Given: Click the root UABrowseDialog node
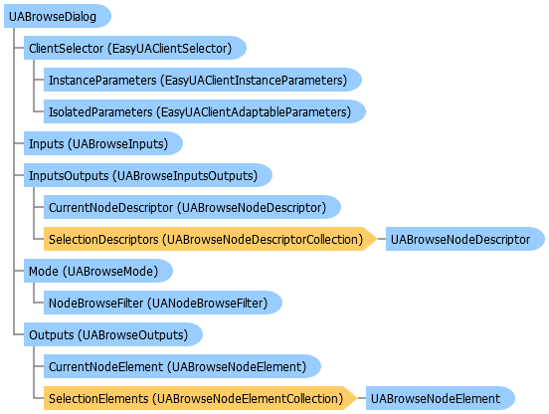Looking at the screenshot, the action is [58, 16].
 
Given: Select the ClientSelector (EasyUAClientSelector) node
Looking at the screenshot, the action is [135, 48].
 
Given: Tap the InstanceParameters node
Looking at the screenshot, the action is [203, 80].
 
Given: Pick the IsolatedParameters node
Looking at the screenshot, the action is [205, 111].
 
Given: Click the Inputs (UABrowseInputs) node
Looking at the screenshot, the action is [103, 143].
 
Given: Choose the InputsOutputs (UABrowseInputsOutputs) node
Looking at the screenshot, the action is [148, 175].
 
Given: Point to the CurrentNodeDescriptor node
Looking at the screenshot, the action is [192, 207].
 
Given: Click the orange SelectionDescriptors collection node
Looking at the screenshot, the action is [211, 239].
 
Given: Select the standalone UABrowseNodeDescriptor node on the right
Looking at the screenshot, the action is [465, 239].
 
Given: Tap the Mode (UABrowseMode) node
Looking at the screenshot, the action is [98, 271].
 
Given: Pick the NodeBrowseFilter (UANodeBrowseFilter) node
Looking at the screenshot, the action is [163, 303].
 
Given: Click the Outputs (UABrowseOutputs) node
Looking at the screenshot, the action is [113, 334].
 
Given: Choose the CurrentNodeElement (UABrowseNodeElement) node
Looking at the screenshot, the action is [182, 366].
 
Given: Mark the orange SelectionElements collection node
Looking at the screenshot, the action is [201, 399].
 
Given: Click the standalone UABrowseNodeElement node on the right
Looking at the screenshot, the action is [441, 399].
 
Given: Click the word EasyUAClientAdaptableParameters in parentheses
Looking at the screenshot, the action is [254, 112].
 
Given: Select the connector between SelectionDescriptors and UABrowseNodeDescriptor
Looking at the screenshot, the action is [382, 239].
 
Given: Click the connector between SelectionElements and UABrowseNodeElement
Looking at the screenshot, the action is [362, 399].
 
